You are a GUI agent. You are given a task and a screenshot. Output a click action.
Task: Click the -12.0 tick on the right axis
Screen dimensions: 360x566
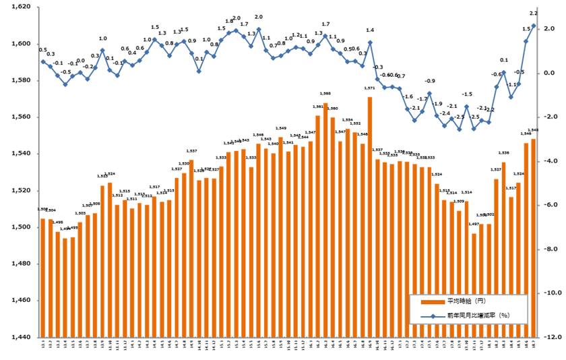coord(554,337)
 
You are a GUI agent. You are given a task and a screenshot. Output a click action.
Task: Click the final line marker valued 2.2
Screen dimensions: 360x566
coord(534,26)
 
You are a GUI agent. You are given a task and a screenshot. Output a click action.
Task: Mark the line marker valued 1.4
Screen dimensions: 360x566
coord(370,42)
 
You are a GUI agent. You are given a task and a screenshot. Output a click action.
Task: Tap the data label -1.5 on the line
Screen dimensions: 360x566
coord(467,94)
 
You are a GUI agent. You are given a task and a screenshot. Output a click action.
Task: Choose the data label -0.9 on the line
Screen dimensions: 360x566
coord(430,81)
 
